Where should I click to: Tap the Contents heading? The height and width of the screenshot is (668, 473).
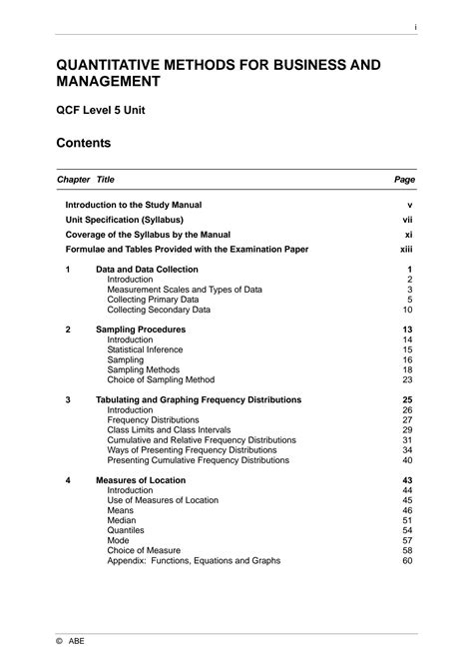pyautogui.click(x=83, y=144)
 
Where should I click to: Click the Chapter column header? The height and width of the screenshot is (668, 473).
pyautogui.click(x=73, y=180)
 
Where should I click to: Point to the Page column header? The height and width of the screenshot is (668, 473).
pyautogui.click(x=405, y=180)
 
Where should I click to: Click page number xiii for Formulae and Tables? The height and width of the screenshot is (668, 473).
pyautogui.click(x=406, y=249)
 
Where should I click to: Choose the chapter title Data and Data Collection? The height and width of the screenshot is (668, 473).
pyautogui.click(x=147, y=270)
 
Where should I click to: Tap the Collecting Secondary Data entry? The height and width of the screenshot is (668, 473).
pyautogui.click(x=158, y=310)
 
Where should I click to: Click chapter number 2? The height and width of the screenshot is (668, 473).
pyautogui.click(x=68, y=329)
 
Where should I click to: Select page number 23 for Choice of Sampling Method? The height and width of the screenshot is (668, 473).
pyautogui.click(x=407, y=379)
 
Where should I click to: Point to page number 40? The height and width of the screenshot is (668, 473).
pyautogui.click(x=407, y=460)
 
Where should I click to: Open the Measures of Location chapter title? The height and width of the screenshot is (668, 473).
pyautogui.click(x=141, y=480)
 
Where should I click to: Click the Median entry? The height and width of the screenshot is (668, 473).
pyautogui.click(x=122, y=520)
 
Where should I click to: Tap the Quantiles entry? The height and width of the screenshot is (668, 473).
pyautogui.click(x=126, y=530)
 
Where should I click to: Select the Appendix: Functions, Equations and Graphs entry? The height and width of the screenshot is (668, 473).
pyautogui.click(x=194, y=560)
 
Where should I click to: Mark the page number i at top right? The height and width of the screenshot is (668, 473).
pyautogui.click(x=414, y=27)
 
